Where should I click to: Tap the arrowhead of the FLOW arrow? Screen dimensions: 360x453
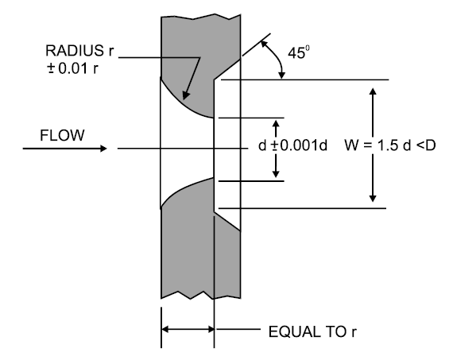point(102,149)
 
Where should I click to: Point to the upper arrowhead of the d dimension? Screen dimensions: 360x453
point(277,125)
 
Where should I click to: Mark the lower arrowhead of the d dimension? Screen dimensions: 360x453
point(277,173)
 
